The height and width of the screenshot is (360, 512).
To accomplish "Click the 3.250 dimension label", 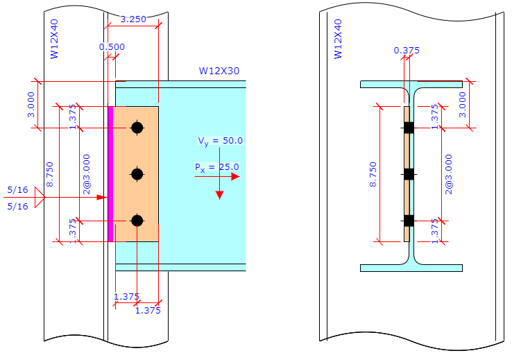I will (133, 19).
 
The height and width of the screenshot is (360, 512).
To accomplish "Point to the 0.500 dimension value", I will (112, 47).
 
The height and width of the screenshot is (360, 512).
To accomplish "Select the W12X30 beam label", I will (219, 71).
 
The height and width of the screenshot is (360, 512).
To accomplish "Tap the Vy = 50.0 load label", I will (220, 142).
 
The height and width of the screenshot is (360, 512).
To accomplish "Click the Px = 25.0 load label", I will (216, 167).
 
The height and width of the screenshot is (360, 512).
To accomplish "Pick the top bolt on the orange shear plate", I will (137, 128).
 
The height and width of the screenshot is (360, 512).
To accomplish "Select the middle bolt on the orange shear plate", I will (137, 174).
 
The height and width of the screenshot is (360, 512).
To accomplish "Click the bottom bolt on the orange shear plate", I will (137, 221).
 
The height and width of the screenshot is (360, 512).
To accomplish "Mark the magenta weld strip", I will (110, 173).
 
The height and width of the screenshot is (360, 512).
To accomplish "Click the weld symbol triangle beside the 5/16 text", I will (40, 198).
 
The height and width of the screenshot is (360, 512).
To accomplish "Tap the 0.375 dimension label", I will (407, 51).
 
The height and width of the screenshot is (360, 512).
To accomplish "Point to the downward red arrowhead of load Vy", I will (219, 194).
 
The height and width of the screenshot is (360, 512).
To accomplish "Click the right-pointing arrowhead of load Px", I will (235, 177).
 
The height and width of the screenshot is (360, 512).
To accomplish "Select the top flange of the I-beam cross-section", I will (411, 85).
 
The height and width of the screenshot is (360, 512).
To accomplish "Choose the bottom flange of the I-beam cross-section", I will (411, 268).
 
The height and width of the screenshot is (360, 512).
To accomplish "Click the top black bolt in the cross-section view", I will (409, 128).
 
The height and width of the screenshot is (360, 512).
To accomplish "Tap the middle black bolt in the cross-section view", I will (409, 174).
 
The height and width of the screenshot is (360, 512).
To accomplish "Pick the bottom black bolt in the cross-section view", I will (409, 221).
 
